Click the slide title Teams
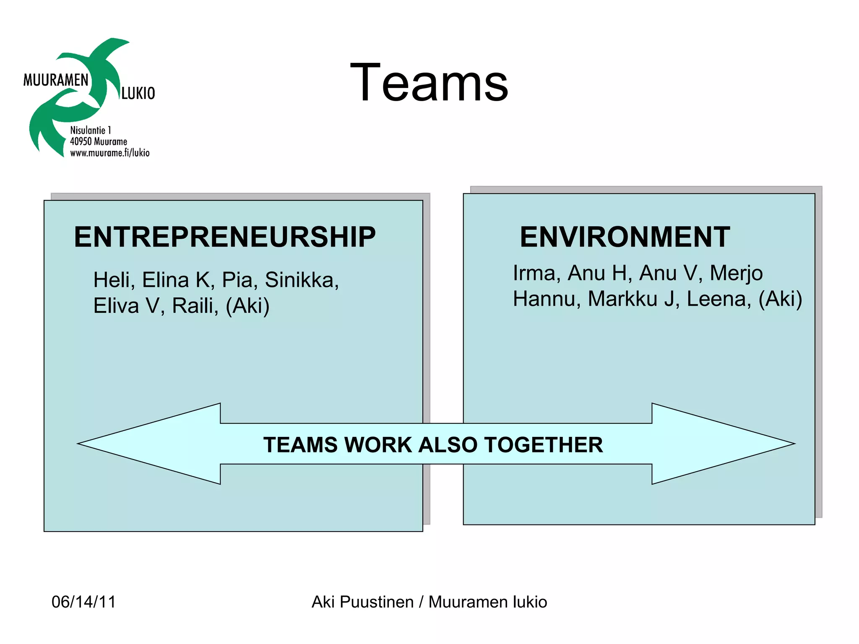pyautogui.click(x=429, y=83)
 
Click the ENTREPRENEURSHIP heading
pyautogui.click(x=225, y=237)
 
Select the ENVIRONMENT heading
pyautogui.click(x=625, y=237)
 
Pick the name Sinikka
pyautogui.click(x=301, y=280)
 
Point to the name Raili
pyautogui.click(x=194, y=306)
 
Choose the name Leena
pyautogui.click(x=718, y=299)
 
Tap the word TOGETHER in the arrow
pyautogui.click(x=544, y=445)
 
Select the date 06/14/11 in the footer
pyautogui.click(x=83, y=602)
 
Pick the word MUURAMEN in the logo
pyautogui.click(x=56, y=80)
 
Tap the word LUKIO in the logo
pyautogui.click(x=138, y=93)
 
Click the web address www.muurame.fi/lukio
pyautogui.click(x=109, y=153)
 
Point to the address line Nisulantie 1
pyautogui.click(x=91, y=130)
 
